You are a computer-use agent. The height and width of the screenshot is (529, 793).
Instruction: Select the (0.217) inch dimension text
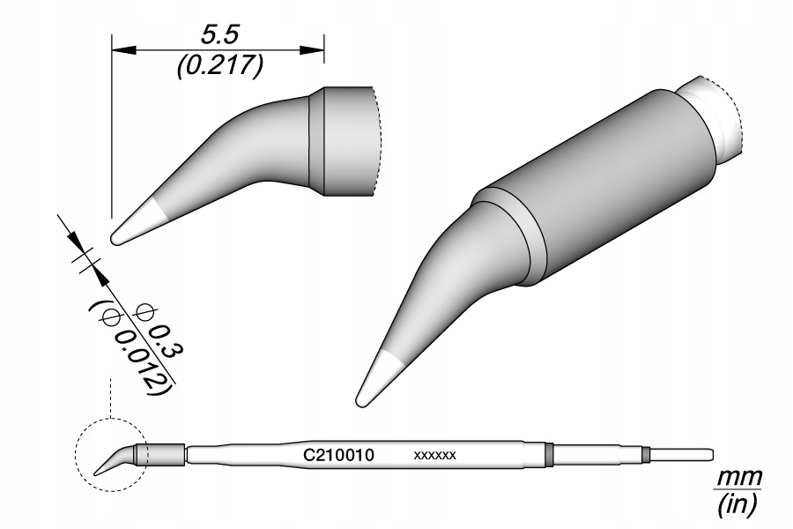click(x=219, y=66)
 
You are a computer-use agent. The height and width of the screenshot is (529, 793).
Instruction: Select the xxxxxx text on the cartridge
click(x=434, y=456)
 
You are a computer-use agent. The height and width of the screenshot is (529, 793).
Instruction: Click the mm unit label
click(x=738, y=477)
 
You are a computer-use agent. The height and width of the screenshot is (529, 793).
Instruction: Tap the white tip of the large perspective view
click(x=376, y=378)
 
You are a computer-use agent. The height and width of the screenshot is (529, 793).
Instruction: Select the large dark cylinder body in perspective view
click(x=599, y=185)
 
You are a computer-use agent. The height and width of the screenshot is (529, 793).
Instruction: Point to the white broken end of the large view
click(x=718, y=119)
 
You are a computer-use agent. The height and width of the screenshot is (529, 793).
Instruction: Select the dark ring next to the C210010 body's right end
click(x=548, y=455)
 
